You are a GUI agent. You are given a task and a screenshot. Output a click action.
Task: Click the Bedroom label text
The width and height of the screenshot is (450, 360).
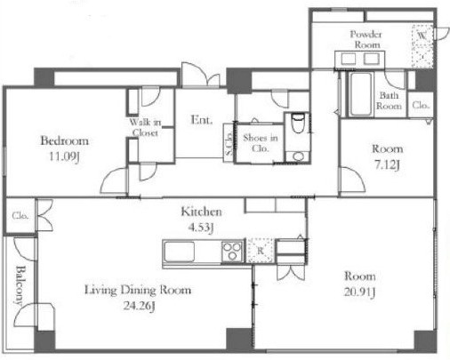(x=64, y=140)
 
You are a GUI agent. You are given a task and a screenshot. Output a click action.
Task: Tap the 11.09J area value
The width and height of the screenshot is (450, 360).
(x=64, y=156)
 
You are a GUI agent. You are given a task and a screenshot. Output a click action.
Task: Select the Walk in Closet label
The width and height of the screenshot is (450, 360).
(x=145, y=127)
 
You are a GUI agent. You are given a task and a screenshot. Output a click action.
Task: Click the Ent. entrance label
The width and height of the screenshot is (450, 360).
(x=202, y=120)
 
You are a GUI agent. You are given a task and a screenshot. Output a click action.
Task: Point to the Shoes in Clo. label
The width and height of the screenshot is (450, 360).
(x=261, y=142)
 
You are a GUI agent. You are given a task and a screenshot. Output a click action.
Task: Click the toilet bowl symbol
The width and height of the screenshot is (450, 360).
(x=297, y=123)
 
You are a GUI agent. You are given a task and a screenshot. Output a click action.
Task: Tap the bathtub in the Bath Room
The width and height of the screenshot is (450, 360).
(x=360, y=94)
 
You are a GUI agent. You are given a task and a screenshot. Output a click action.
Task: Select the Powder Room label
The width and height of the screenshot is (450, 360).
(x=366, y=39)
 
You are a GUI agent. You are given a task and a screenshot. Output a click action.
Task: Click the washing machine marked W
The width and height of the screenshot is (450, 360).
(x=422, y=46)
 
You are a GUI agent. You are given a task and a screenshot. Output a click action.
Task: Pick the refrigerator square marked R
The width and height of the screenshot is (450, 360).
(x=261, y=251)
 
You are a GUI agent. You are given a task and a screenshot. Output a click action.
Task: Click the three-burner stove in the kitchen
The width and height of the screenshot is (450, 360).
(x=232, y=252)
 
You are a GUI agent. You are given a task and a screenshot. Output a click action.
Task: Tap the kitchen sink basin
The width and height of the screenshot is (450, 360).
(x=180, y=252)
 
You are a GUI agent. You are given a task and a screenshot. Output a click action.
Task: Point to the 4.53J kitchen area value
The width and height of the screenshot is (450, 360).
(x=201, y=228)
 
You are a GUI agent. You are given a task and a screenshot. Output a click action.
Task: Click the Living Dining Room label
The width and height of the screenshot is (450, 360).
(x=138, y=290)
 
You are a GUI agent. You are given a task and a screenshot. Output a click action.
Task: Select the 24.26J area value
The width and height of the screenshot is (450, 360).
(x=139, y=306)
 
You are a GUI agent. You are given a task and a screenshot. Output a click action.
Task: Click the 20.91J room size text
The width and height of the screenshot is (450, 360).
(x=359, y=292)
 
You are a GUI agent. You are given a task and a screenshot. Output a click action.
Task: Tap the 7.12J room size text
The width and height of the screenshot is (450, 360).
(x=387, y=164)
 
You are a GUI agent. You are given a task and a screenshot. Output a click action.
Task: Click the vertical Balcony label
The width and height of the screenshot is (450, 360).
(x=20, y=285)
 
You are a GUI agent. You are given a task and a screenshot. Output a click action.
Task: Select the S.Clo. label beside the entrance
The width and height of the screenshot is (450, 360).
(x=229, y=144)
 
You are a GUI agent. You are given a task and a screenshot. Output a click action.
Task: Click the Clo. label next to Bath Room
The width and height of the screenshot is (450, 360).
(x=421, y=105)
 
